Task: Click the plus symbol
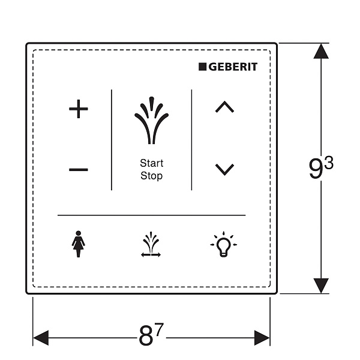79,109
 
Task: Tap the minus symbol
79,170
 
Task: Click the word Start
152,163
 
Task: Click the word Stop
152,176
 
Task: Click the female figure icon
78,244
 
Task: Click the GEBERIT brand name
233,67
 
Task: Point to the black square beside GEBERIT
203,67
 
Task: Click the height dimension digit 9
316,169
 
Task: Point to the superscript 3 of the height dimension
329,163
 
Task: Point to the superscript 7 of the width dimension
159,329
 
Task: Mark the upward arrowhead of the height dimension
321,51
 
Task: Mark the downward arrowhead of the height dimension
321,286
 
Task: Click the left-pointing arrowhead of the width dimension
41,338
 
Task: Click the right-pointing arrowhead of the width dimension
262,338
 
